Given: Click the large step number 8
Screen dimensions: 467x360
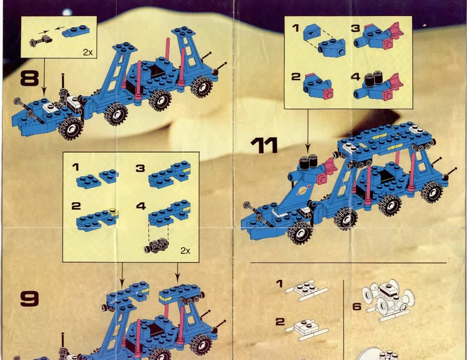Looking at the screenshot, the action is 29,78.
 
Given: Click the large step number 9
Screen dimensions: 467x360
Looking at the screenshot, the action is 29,298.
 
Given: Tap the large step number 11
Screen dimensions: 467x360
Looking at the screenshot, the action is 264,145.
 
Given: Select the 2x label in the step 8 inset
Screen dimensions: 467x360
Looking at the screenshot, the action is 88,52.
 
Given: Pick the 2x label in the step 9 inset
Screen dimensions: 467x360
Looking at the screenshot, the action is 185,251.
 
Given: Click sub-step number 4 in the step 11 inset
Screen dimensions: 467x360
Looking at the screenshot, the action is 356,77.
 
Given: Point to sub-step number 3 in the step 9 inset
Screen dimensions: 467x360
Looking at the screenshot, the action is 140,169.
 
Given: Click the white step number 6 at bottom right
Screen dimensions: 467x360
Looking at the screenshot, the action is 357,306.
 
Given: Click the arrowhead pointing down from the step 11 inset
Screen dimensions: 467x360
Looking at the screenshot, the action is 308,147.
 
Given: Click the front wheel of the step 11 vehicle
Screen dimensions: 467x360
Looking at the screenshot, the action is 300,233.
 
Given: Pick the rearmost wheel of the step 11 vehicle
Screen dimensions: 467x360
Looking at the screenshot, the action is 432,192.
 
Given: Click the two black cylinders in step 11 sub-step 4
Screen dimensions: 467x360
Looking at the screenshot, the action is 374,78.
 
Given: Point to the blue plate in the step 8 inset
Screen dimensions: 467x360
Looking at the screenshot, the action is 76,31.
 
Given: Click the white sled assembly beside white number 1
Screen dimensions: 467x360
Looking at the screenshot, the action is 306,290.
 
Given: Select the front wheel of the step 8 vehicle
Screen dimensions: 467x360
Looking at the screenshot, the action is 71,128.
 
